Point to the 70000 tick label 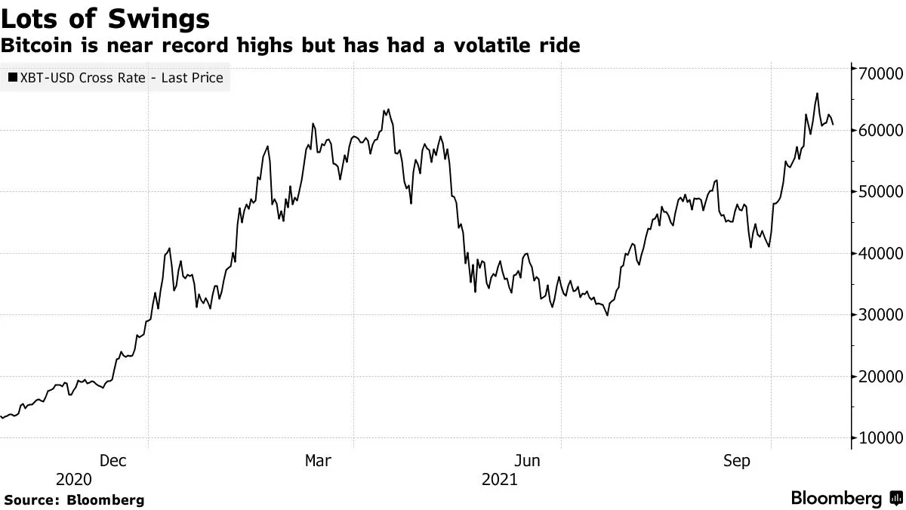[x=878, y=73]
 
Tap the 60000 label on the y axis [x=878, y=131]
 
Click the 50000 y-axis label [x=878, y=192]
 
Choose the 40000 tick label [x=878, y=254]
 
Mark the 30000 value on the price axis [x=878, y=315]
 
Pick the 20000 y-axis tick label [x=878, y=377]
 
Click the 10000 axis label [x=878, y=438]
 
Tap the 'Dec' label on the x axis [x=112, y=460]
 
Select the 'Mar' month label [x=318, y=460]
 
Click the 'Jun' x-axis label [x=526, y=460]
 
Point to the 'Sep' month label [x=736, y=460]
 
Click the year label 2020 [x=74, y=480]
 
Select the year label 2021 [x=500, y=480]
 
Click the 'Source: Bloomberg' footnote [x=74, y=499]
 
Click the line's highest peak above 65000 [x=817, y=94]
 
